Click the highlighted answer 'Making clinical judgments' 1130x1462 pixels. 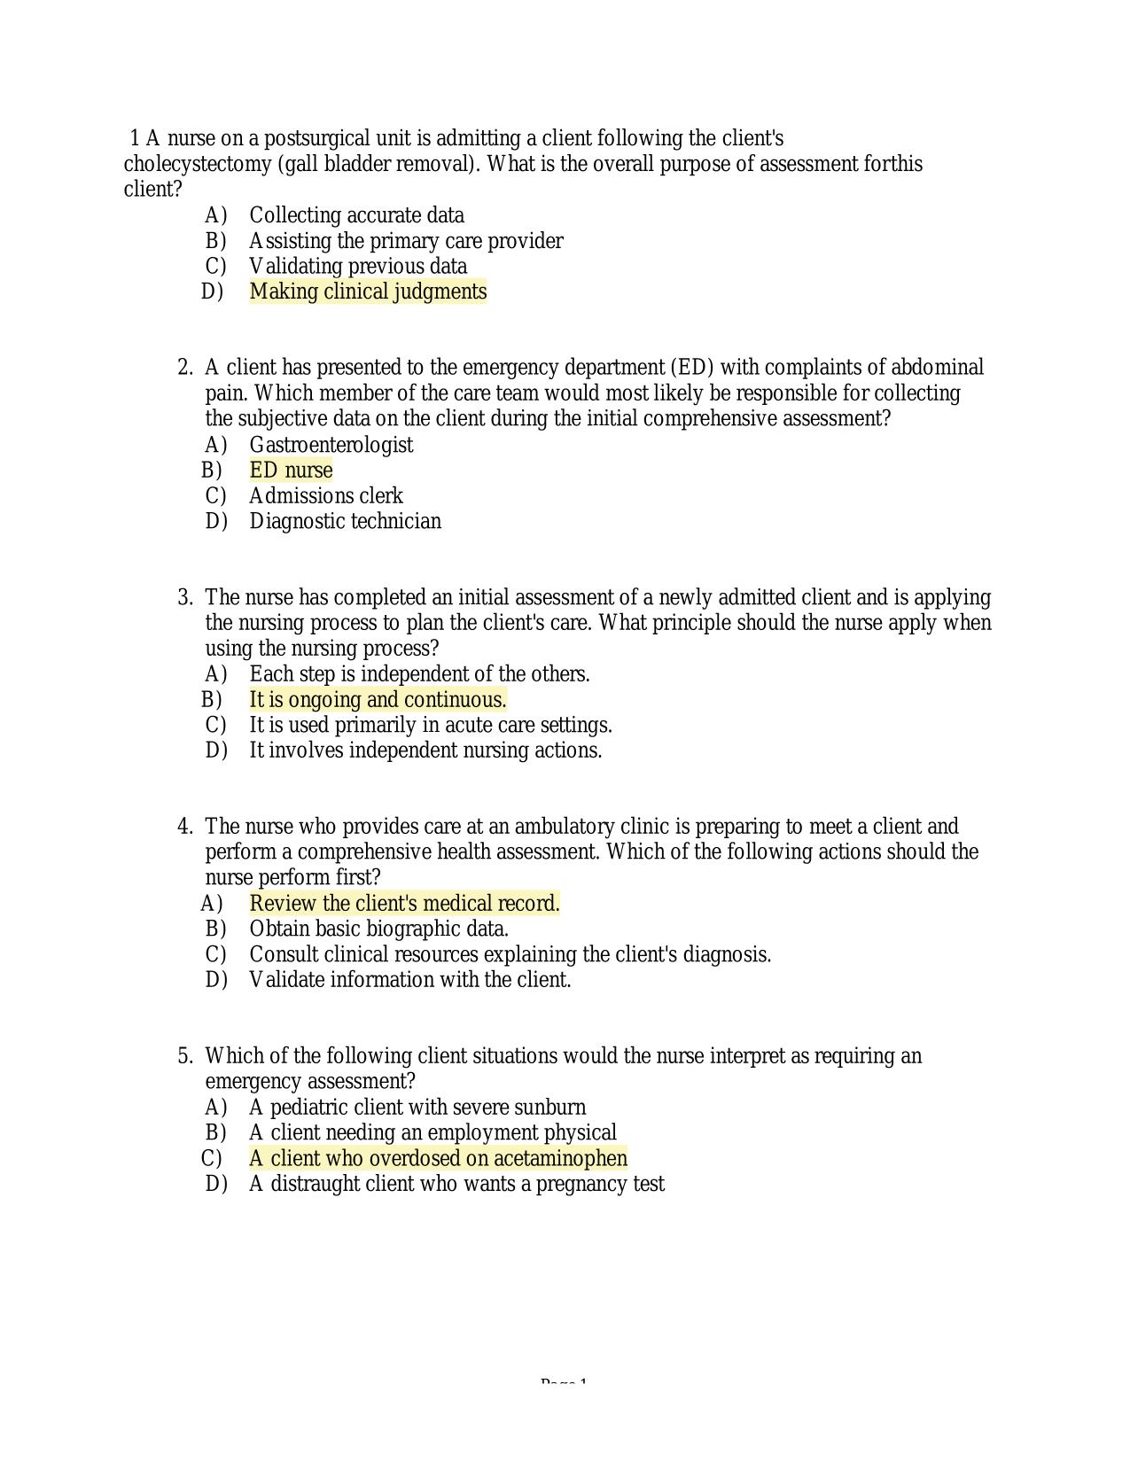(x=368, y=292)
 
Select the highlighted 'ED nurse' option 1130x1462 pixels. (x=291, y=470)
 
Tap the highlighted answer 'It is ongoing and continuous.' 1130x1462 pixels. (x=378, y=700)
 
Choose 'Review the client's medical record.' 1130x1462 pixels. (x=404, y=904)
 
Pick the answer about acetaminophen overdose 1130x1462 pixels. (x=438, y=1158)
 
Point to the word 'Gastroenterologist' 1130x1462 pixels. (x=331, y=445)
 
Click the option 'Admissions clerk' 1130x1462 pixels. (x=325, y=496)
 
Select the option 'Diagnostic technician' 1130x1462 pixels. (x=345, y=521)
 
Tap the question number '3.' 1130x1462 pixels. (x=185, y=597)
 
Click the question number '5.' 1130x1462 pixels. (x=185, y=1056)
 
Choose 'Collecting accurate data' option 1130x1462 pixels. (x=356, y=215)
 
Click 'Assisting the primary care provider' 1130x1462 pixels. (x=406, y=241)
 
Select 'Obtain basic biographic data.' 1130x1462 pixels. (x=378, y=929)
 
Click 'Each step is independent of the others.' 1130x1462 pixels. (x=419, y=674)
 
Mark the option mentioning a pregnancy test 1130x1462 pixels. (x=456, y=1184)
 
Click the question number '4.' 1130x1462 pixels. (x=185, y=827)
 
